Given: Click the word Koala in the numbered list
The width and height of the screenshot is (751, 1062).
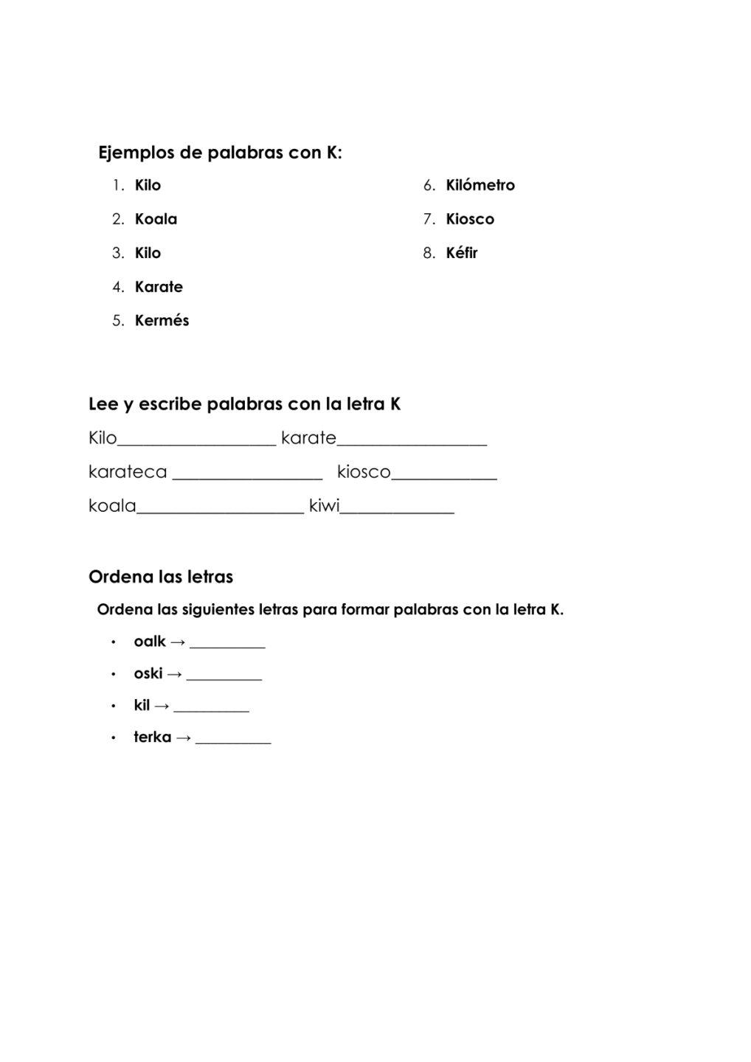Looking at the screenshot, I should (156, 219).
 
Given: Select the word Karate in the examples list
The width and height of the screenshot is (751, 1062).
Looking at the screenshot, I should (159, 287).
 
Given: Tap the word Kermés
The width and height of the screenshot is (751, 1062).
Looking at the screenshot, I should (162, 321).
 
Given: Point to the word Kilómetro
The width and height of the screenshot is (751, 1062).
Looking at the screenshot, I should (480, 185).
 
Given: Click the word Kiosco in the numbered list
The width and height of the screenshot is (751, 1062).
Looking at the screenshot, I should (470, 219).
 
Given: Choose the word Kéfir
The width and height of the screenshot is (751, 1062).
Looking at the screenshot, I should (462, 253).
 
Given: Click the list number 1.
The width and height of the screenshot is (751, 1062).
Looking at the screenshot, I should (117, 185).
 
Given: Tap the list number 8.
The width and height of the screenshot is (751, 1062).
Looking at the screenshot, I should (429, 253).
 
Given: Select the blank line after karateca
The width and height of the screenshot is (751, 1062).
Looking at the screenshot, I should (247, 478).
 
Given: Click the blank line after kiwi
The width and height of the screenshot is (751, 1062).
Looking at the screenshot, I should (397, 512).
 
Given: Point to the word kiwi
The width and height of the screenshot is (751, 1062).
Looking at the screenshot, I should (324, 507).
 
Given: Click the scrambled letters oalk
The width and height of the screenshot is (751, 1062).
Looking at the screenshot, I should (150, 642).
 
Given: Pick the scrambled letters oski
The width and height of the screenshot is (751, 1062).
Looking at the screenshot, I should (148, 673).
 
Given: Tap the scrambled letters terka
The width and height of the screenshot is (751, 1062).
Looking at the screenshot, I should (152, 737).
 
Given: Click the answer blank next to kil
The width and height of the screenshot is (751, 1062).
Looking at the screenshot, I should (212, 710).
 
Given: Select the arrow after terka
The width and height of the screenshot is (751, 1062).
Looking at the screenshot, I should (184, 737).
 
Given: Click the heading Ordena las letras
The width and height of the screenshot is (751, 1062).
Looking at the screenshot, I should (161, 577).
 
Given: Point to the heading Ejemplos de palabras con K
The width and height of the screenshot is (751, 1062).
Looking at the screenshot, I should (220, 153).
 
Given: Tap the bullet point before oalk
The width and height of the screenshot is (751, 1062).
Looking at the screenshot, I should (114, 642).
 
